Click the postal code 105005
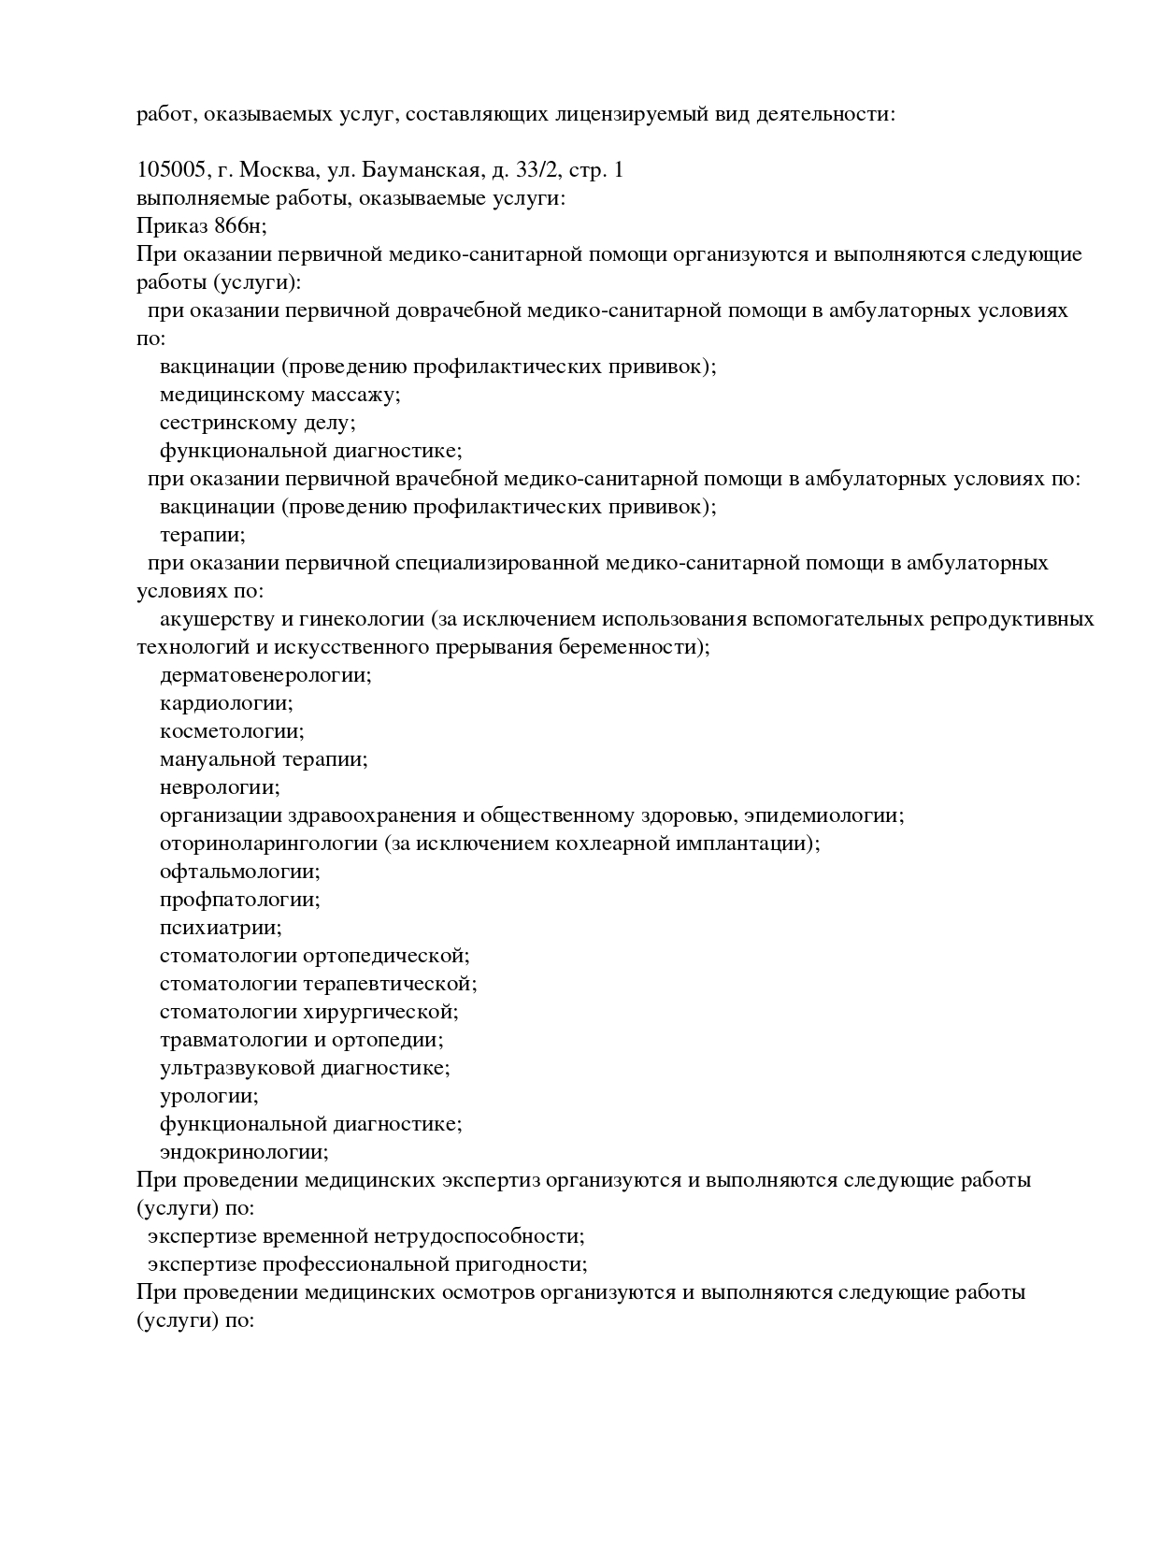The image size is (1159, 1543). (x=171, y=170)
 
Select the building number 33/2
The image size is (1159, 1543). (x=538, y=170)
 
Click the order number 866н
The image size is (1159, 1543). (x=240, y=226)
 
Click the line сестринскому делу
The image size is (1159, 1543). (x=257, y=423)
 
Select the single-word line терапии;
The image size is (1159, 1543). (x=202, y=535)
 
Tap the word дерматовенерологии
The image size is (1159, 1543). (x=265, y=675)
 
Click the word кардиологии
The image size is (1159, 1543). (x=225, y=703)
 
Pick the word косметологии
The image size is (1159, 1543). (x=231, y=731)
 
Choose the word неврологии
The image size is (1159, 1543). (x=219, y=787)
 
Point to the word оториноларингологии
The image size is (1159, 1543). (x=268, y=844)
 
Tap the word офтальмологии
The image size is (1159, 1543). (x=239, y=872)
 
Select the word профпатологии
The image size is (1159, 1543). (x=239, y=900)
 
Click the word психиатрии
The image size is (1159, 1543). (x=220, y=928)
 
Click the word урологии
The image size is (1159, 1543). (x=208, y=1096)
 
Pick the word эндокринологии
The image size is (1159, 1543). (x=243, y=1152)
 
